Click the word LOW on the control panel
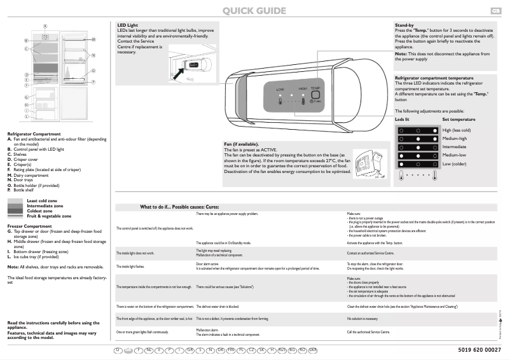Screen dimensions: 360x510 click(280, 90)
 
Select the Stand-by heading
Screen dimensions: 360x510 click(405, 25)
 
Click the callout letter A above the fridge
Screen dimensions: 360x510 click(45, 25)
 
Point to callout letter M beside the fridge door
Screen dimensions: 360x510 click(93, 39)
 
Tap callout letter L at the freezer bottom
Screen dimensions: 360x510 click(26, 116)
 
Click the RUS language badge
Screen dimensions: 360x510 click(282, 350)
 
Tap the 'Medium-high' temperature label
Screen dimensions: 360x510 click(455, 138)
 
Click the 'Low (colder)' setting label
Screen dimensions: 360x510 click(455, 163)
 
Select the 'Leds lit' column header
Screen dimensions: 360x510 click(403, 119)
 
